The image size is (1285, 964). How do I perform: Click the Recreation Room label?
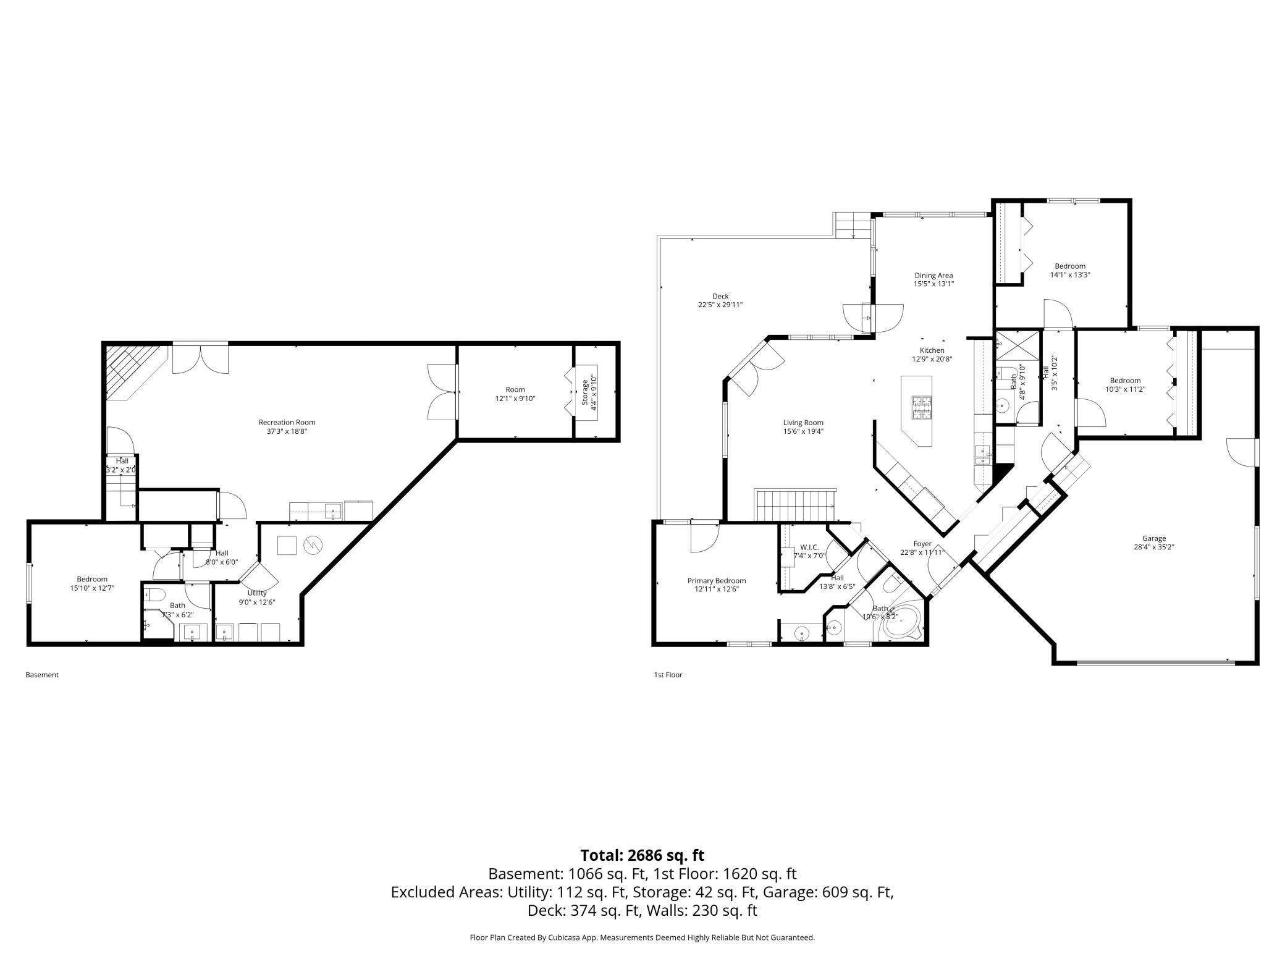point(287,423)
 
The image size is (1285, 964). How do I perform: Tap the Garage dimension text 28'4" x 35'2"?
point(1153,547)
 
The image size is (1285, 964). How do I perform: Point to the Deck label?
point(720,296)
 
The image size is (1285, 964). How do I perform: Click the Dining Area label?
point(933,276)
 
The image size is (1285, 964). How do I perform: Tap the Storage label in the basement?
point(585,392)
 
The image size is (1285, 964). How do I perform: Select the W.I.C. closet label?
point(809,548)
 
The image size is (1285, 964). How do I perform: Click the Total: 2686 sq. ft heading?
point(642,855)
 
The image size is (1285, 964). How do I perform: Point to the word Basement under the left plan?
point(42,675)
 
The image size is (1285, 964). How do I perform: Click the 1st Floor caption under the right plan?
point(668,675)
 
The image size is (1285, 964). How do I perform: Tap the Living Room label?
point(803,423)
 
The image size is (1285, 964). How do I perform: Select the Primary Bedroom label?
point(717,581)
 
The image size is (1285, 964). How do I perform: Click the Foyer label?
point(922,544)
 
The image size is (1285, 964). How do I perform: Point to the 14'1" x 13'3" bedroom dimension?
point(1070,275)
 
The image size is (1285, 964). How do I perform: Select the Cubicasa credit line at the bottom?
point(642,937)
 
